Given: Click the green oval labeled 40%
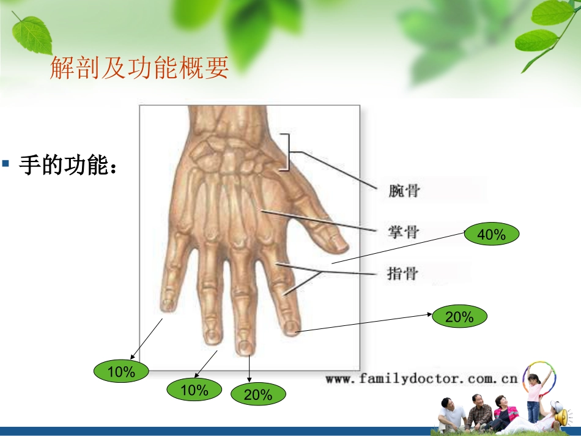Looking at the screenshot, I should pyautogui.click(x=492, y=234).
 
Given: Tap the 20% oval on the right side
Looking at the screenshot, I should pyautogui.click(x=459, y=317).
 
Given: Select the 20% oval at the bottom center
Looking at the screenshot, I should pyautogui.click(x=258, y=395).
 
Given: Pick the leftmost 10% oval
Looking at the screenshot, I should pyautogui.click(x=121, y=372).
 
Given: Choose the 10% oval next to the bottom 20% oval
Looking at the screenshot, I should pyautogui.click(x=194, y=390).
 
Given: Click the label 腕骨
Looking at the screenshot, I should pyautogui.click(x=404, y=191).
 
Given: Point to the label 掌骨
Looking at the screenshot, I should pyautogui.click(x=404, y=232).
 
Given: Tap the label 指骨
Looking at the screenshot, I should pyautogui.click(x=404, y=273).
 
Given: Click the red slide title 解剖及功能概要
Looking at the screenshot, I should pyautogui.click(x=139, y=68).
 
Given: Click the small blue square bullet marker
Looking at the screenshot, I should pyautogui.click(x=6, y=164).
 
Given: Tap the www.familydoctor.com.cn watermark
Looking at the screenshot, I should pyautogui.click(x=421, y=379).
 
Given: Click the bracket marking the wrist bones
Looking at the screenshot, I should pyautogui.click(x=286, y=152).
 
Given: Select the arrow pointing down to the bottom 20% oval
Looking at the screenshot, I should pyautogui.click(x=249, y=371).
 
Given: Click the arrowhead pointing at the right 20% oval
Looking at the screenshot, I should pyautogui.click(x=431, y=314).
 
